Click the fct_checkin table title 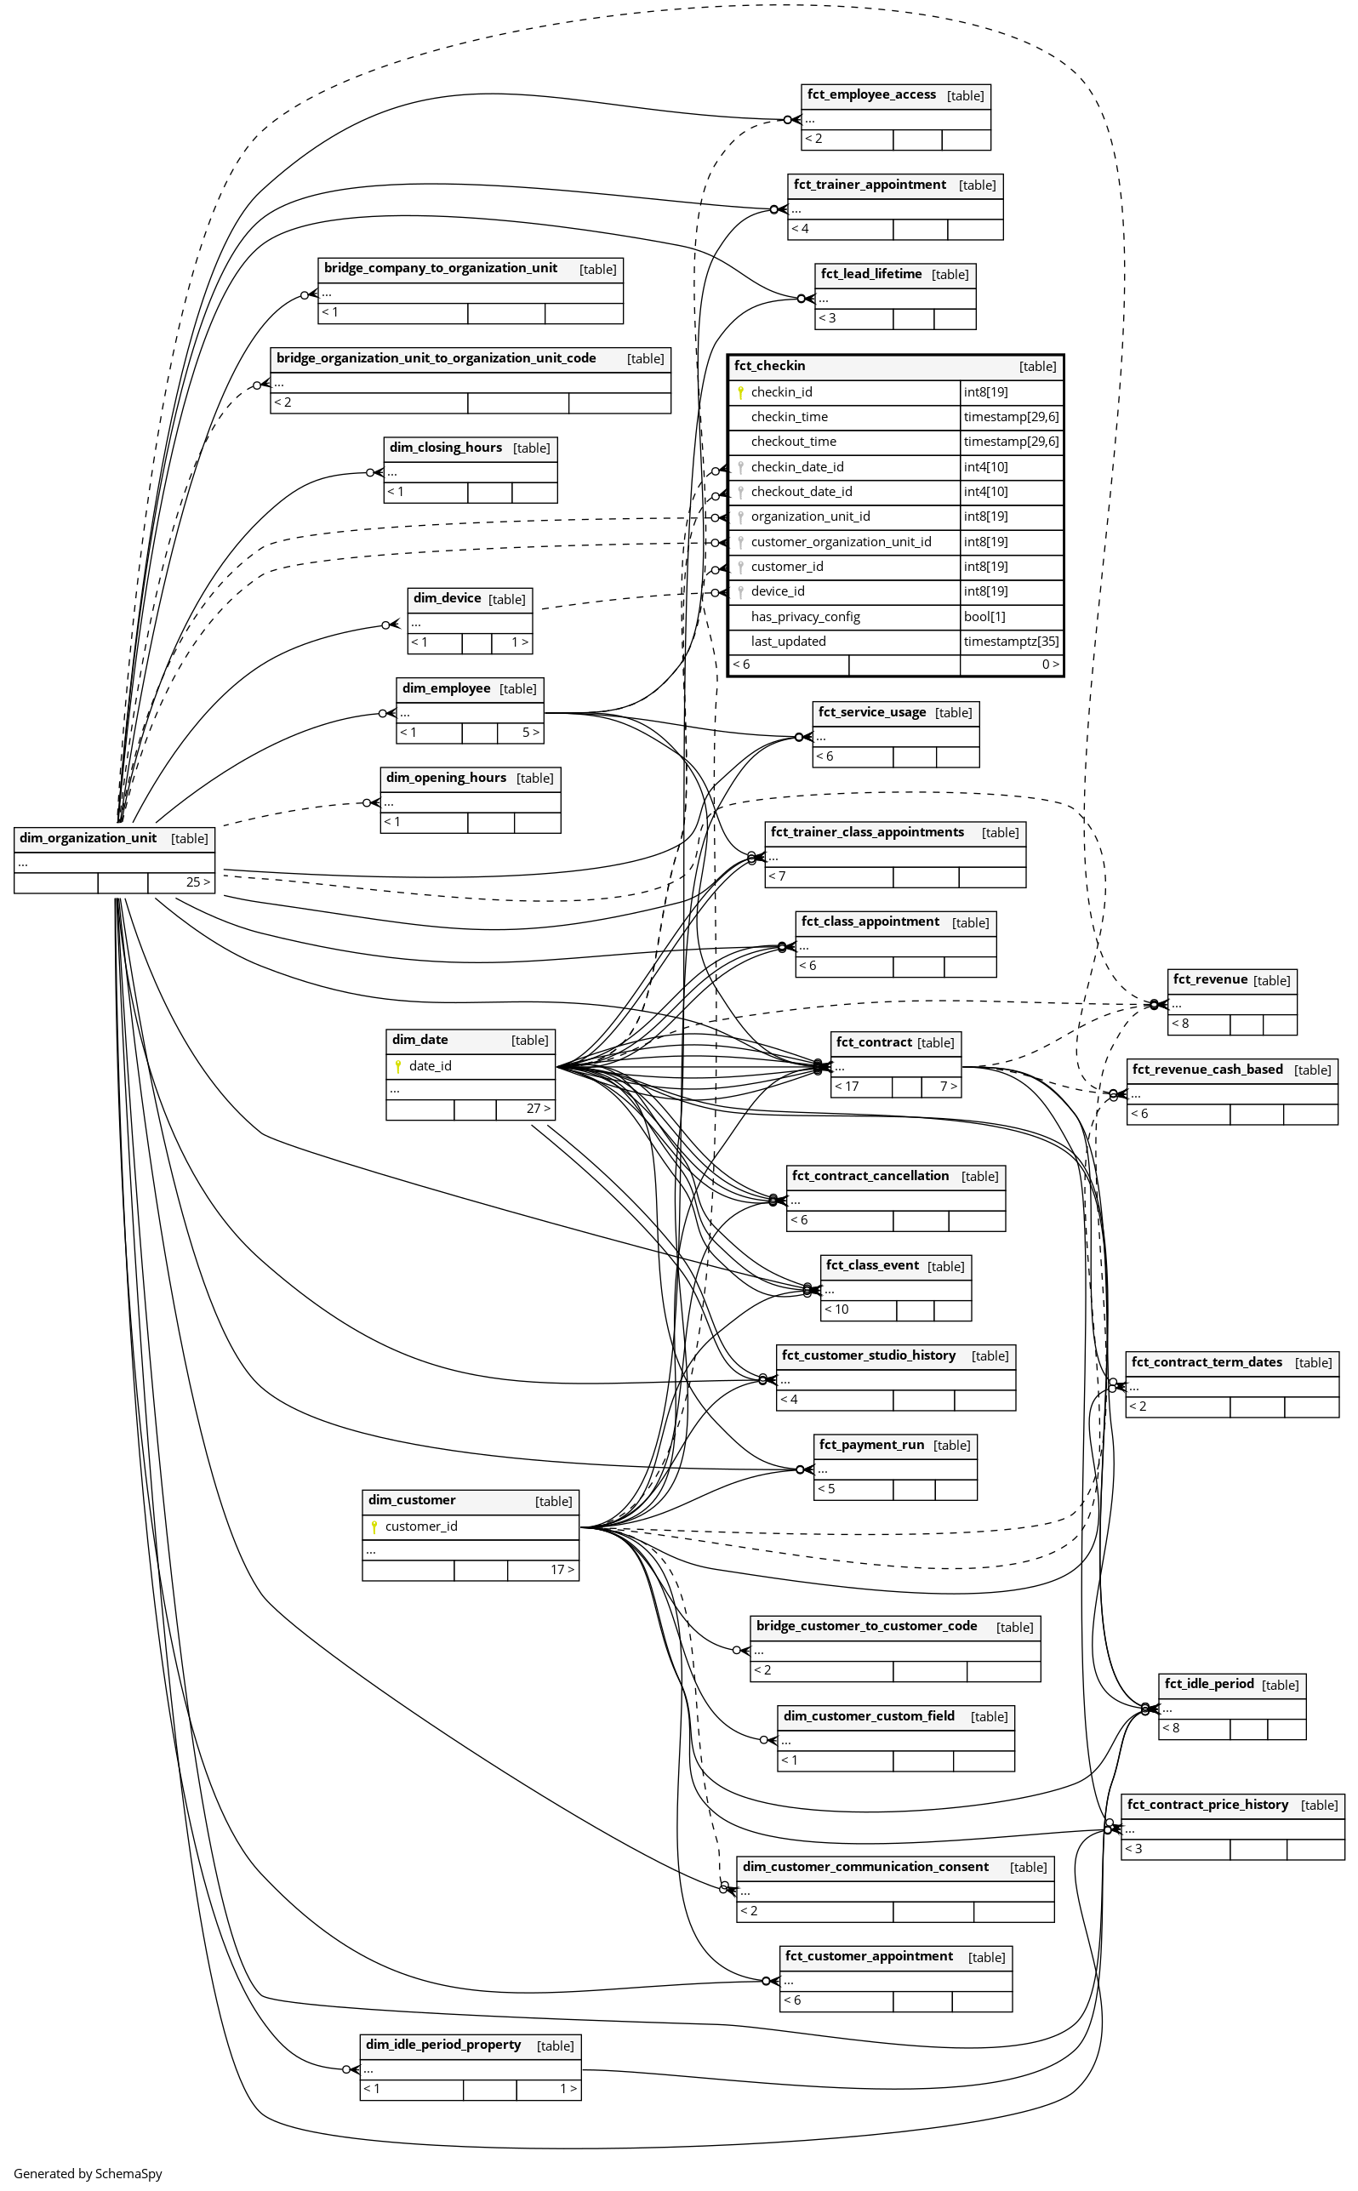[770, 366]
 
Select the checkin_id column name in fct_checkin [781, 392]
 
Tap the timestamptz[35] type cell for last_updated [1011, 642]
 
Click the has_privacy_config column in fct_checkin [806, 617]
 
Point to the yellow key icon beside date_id [398, 1066]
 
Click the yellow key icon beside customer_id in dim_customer [374, 1526]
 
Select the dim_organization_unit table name [88, 839]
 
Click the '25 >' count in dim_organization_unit [198, 882]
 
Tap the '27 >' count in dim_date [538, 1109]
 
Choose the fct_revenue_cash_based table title [1207, 1070]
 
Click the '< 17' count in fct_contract [847, 1087]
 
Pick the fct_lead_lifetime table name [871, 274]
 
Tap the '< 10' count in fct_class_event [836, 1309]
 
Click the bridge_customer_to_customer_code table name [867, 1626]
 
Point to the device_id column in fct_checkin [778, 591]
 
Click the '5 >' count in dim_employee [531, 733]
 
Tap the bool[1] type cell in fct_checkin [984, 617]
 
